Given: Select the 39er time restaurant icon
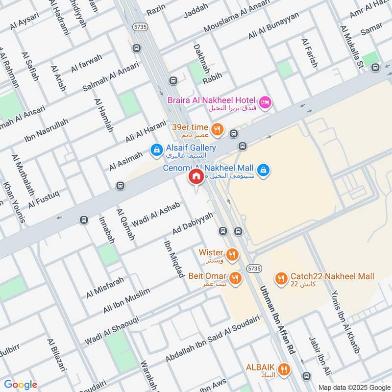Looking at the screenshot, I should click(x=218, y=130).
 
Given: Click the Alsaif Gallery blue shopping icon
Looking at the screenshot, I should click(x=156, y=150).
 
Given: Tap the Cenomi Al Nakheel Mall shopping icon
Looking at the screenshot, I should click(x=264, y=170).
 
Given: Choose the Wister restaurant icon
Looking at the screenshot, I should click(x=232, y=254).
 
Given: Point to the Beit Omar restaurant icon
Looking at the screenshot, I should click(x=235, y=278).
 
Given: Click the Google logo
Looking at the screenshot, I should click(x=21, y=385).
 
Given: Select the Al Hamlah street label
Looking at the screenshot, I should click(x=103, y=115).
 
